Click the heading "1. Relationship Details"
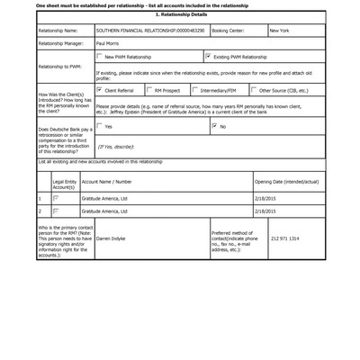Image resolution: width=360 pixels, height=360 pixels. click(x=180, y=16)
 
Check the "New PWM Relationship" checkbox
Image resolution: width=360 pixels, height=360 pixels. click(x=99, y=56)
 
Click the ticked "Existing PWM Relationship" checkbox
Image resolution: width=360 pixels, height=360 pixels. click(x=209, y=56)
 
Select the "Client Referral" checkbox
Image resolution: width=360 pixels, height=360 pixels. click(x=99, y=90)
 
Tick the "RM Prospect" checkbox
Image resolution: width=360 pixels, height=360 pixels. click(x=148, y=90)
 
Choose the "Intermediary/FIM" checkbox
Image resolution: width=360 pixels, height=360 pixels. click(x=196, y=90)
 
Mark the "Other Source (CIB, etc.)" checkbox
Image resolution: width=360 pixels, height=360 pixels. click(x=253, y=90)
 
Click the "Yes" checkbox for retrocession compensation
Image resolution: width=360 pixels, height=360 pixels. click(x=99, y=126)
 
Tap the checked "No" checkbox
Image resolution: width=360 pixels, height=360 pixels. click(x=214, y=126)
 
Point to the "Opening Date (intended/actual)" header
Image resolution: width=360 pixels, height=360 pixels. click(x=285, y=181)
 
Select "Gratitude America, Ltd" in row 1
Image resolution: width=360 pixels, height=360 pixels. click(x=104, y=197)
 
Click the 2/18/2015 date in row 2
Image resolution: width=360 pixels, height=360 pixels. click(x=265, y=211)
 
